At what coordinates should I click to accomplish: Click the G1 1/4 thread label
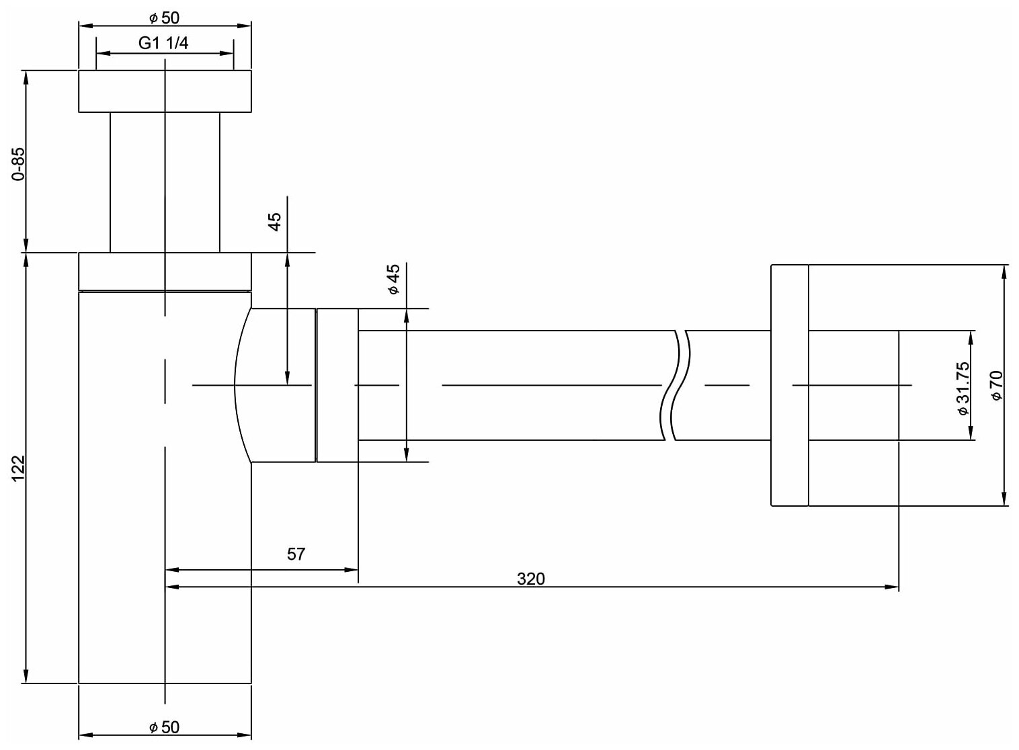coord(163,44)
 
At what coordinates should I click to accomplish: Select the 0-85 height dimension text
coord(19,164)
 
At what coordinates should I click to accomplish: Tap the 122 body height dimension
coord(19,468)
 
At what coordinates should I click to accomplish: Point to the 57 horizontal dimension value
coord(296,554)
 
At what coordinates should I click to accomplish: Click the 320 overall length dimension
coord(531,578)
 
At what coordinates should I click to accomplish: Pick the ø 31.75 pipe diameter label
coord(963,388)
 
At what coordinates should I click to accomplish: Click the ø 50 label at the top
coord(165,17)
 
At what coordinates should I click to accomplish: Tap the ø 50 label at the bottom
coord(165,727)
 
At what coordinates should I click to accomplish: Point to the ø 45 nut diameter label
coord(393,279)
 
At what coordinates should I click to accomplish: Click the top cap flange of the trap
coord(165,91)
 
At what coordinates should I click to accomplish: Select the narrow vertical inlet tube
coord(165,181)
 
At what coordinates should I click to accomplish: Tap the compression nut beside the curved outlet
coord(337,385)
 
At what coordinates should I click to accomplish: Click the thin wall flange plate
coord(789,385)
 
